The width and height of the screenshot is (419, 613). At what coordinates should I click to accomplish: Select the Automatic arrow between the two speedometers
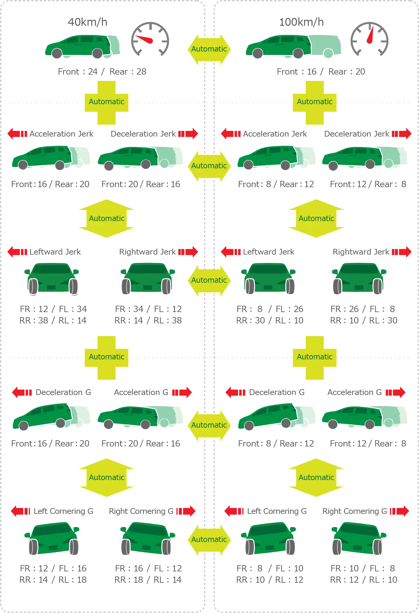click(209, 49)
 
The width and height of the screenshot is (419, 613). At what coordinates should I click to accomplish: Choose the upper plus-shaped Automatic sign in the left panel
click(106, 102)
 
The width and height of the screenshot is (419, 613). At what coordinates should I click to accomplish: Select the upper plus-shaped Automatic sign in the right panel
click(315, 102)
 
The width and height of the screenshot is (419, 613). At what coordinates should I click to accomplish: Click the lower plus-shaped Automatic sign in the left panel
click(106, 357)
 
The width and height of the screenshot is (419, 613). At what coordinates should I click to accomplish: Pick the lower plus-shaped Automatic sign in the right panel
click(315, 357)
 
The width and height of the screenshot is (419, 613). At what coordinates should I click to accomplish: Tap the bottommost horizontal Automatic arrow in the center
click(209, 540)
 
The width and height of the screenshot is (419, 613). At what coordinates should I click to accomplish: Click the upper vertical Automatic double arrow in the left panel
click(106, 219)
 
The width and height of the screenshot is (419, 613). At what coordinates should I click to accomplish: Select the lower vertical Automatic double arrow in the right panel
click(316, 478)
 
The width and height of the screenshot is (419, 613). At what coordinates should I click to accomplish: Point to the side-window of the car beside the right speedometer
click(287, 40)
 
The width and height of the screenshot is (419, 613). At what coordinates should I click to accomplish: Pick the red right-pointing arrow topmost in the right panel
click(403, 134)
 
